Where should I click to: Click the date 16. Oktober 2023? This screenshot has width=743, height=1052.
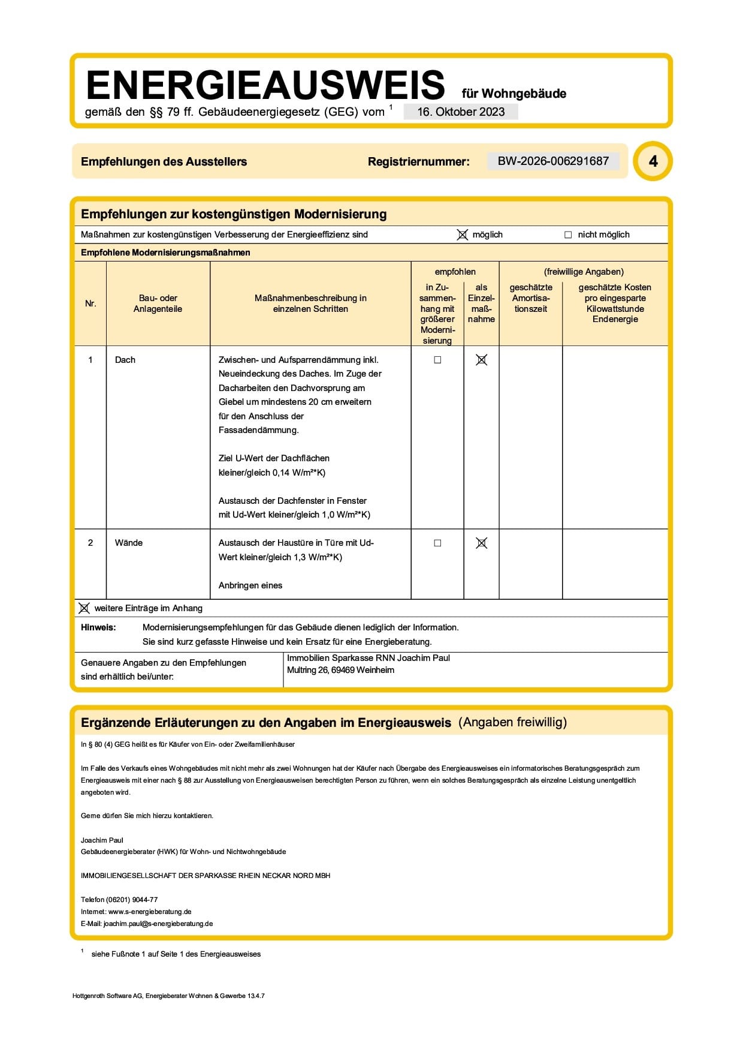(x=461, y=112)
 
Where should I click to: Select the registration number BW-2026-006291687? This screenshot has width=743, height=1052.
(x=553, y=161)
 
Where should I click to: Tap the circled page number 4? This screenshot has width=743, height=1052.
(x=653, y=161)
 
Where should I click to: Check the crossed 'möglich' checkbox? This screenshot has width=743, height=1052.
(x=463, y=235)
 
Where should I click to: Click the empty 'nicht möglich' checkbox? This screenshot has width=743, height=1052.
(x=568, y=235)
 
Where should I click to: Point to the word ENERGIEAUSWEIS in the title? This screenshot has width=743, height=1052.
(x=265, y=85)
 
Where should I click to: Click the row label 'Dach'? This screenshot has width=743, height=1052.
(x=125, y=360)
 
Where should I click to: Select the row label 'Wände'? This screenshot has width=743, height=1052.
(x=129, y=543)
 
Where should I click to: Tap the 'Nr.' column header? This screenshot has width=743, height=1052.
(x=90, y=303)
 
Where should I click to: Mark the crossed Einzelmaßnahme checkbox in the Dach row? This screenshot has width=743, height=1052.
(x=481, y=360)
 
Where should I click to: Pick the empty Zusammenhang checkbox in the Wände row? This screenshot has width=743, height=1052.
(x=437, y=543)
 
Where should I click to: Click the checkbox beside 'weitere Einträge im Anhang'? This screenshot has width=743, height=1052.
(x=84, y=608)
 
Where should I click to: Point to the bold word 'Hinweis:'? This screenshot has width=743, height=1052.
(x=98, y=627)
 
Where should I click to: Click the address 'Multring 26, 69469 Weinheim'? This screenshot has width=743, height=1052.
(x=340, y=670)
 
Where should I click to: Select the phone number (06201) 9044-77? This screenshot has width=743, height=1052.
(x=132, y=900)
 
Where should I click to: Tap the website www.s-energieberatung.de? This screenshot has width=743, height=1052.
(x=150, y=912)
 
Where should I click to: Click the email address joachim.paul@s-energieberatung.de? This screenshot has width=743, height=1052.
(x=158, y=924)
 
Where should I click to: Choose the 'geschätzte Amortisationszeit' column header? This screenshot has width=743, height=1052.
(x=531, y=298)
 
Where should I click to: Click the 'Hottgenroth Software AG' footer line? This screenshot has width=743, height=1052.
(x=168, y=996)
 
